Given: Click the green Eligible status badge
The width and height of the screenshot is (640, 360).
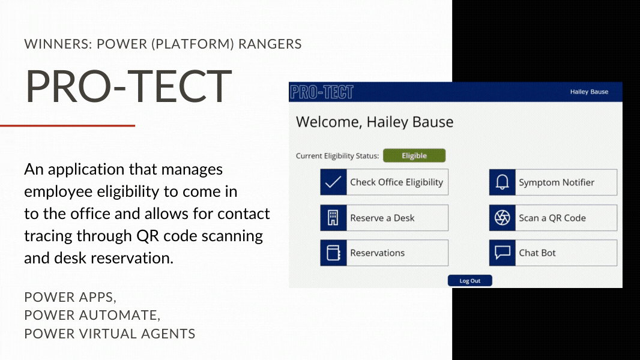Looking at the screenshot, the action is point(414,155).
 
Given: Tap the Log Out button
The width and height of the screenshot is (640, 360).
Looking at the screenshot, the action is point(470,280).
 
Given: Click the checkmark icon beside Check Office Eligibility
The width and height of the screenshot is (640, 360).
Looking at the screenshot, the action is point(333,182).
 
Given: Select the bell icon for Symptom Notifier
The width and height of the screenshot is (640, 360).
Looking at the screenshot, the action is point(502,182).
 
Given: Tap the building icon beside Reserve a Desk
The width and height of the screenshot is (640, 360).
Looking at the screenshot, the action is point(333,218).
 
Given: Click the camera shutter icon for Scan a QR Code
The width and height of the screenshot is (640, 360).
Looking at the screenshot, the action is point(502,218).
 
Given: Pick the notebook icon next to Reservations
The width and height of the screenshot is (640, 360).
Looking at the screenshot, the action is point(333,253).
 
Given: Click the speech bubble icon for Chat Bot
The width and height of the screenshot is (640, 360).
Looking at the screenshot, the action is point(502,253).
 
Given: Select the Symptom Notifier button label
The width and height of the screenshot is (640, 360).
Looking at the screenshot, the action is point(557,182).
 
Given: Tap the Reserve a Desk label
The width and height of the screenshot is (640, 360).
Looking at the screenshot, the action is point(382,218).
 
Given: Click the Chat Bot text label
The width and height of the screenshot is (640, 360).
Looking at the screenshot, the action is point(537,253).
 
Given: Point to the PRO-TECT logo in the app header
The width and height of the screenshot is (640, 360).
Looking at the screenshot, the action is point(322,92).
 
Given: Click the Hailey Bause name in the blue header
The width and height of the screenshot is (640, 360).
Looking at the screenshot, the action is point(589,92).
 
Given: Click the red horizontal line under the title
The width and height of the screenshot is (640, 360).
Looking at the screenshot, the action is point(67,125).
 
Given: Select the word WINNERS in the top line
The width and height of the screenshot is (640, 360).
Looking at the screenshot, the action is point(56,44).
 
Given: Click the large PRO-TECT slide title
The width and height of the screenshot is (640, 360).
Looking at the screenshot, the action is point(128,86).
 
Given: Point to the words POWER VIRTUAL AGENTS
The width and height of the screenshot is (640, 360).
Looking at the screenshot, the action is point(109,334).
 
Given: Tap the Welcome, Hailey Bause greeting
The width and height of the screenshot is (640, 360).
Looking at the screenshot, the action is point(374,122).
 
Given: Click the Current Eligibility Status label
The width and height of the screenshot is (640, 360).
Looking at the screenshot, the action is point(337,156).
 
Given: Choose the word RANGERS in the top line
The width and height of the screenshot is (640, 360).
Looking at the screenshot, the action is point(270,44).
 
